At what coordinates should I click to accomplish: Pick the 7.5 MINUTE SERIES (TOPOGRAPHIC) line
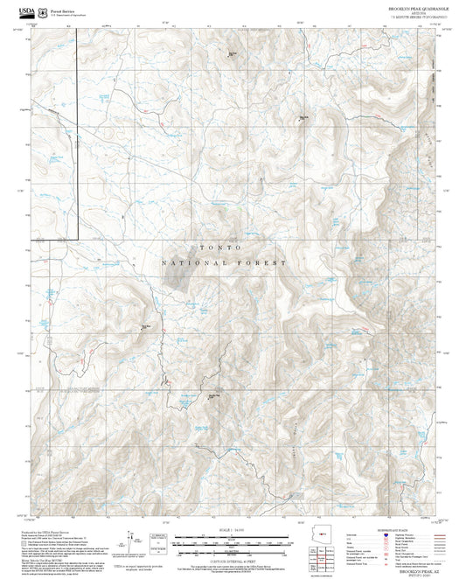(x=418, y=17)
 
